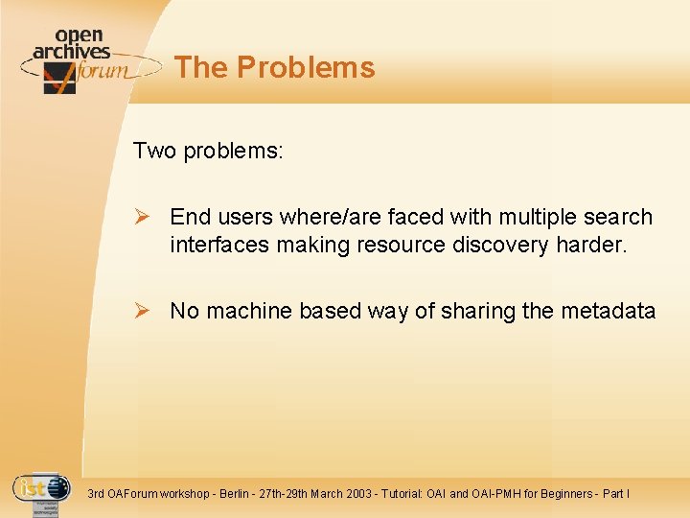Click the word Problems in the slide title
pyautogui.click(x=306, y=68)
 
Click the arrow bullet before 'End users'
pyautogui.click(x=143, y=218)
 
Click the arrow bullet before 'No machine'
pyautogui.click(x=143, y=311)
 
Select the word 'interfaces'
pyautogui.click(x=219, y=246)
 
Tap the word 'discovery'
pyautogui.click(x=504, y=246)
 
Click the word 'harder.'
pyautogui.click(x=591, y=246)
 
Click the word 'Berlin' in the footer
pyautogui.click(x=236, y=494)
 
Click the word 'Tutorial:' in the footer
pyautogui.click(x=414, y=494)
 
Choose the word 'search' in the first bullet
pyautogui.click(x=617, y=218)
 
